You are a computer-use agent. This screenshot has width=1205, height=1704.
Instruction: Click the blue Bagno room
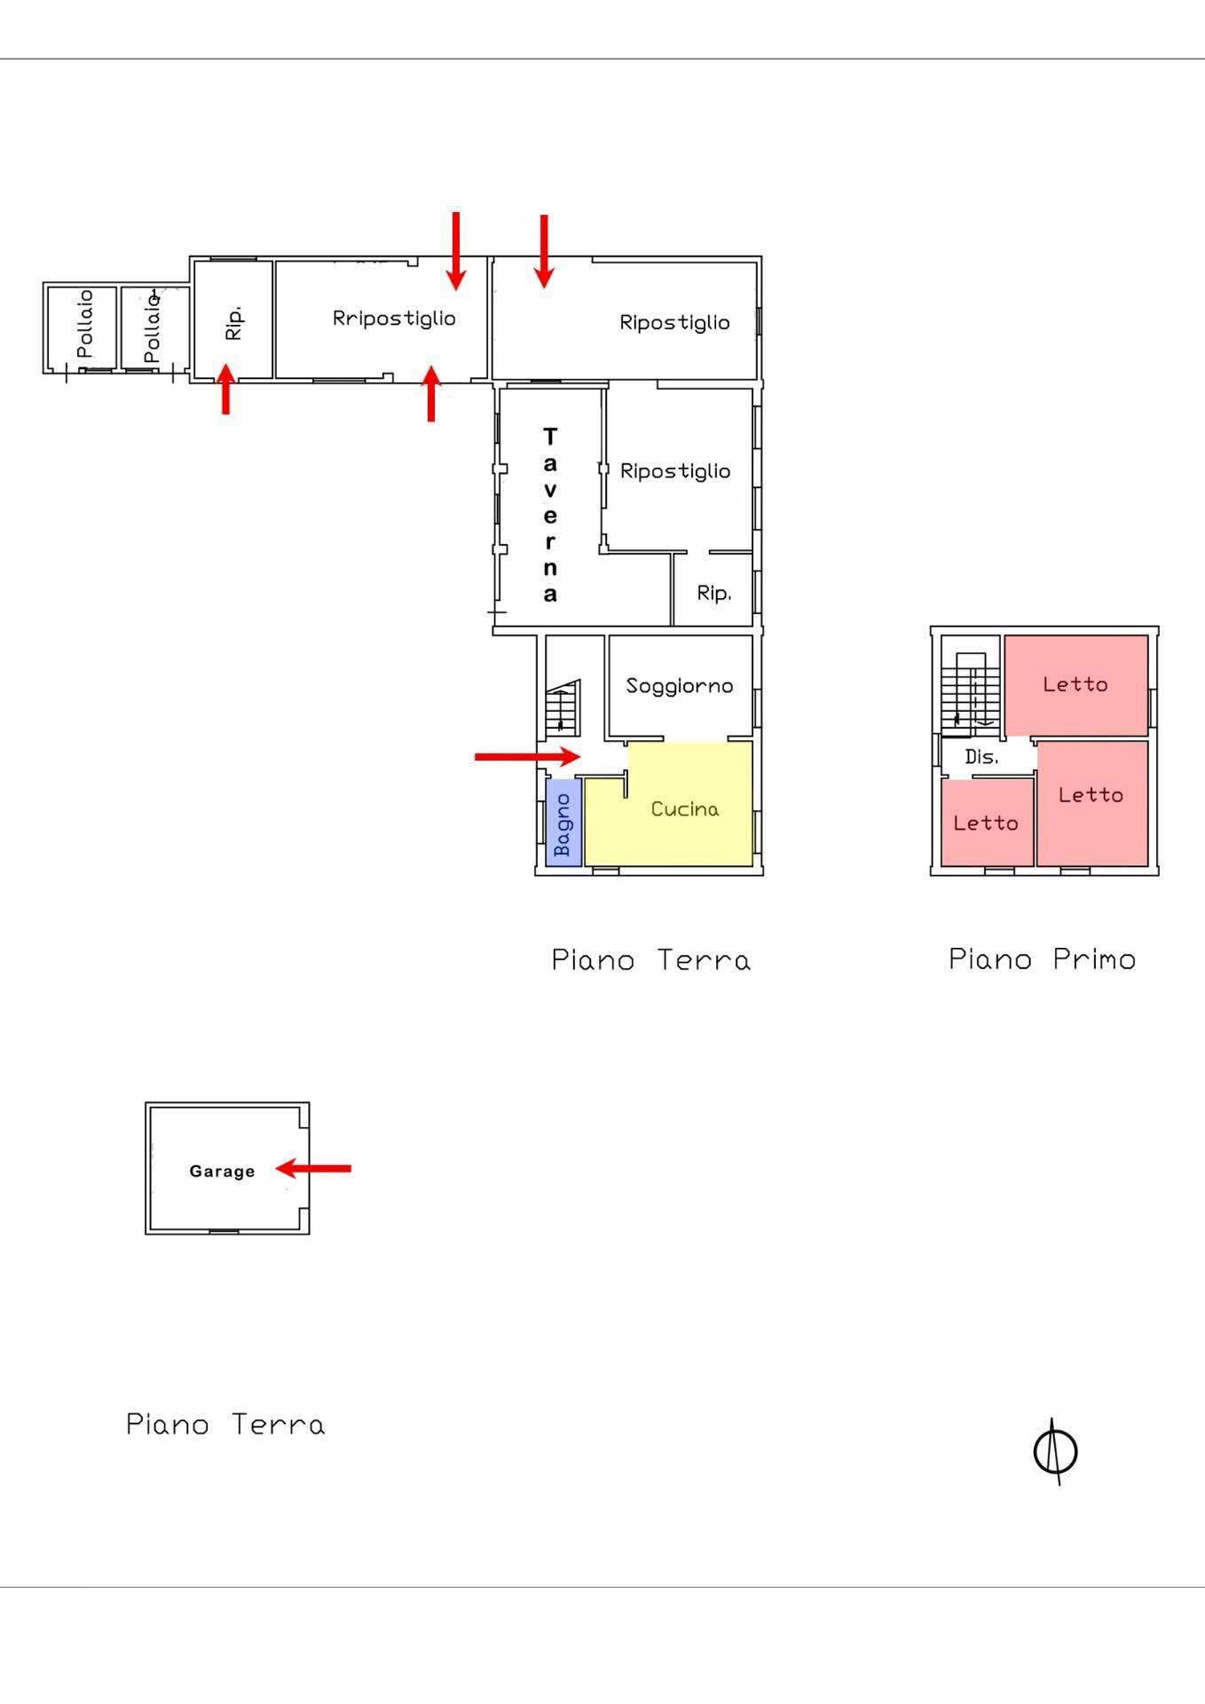tap(563, 823)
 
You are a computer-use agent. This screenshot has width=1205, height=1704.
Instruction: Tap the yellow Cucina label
tap(684, 809)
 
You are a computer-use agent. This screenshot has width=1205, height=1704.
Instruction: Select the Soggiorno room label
tap(680, 685)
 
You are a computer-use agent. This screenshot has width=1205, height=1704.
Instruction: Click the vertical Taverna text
tap(550, 515)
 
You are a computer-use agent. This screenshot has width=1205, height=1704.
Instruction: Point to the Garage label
tap(222, 1171)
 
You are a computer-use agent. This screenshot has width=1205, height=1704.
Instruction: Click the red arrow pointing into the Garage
tap(314, 1168)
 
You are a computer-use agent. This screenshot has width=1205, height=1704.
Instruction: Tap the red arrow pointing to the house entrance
tap(527, 756)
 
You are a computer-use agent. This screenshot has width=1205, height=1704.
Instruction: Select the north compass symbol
tap(1056, 1452)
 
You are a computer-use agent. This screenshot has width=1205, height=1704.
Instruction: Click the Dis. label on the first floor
tap(981, 757)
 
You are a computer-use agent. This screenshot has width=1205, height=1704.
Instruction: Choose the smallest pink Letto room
tap(986, 823)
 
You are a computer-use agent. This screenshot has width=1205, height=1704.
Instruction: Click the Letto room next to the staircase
tap(1075, 684)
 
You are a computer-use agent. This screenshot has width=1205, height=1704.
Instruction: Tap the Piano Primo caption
tap(1042, 959)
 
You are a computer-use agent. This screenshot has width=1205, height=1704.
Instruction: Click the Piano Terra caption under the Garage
tap(225, 1424)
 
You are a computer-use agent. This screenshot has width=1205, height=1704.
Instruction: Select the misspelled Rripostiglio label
tap(394, 318)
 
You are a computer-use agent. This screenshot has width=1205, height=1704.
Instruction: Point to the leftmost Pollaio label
tap(84, 324)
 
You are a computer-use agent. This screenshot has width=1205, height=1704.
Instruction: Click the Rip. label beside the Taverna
tap(713, 593)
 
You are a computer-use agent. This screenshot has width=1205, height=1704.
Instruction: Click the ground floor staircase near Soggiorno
tap(562, 707)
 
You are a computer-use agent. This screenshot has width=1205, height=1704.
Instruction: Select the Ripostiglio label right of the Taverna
tap(675, 470)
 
